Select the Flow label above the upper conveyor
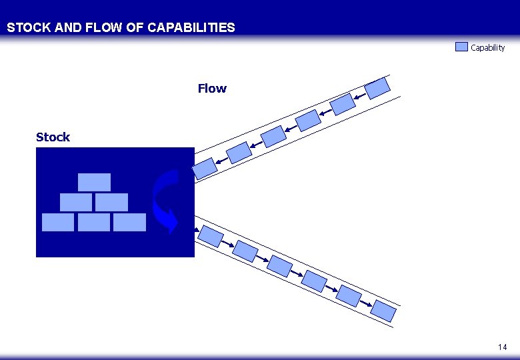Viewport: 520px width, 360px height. pyautogui.click(x=212, y=89)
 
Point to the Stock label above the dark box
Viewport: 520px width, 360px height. pyautogui.click(x=53, y=137)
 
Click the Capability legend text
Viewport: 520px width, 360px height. pyautogui.click(x=488, y=48)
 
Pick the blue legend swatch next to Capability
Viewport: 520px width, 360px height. pyautogui.click(x=462, y=47)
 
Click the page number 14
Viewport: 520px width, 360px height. pyautogui.click(x=502, y=347)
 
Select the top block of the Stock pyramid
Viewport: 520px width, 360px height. pyautogui.click(x=94, y=182)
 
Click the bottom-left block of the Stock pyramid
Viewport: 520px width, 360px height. pyautogui.click(x=58, y=222)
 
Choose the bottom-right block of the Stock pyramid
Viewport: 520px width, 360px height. pyautogui.click(x=129, y=222)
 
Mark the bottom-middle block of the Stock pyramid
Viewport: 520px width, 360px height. pyautogui.click(x=94, y=222)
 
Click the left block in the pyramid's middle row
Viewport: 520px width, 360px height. pyautogui.click(x=76, y=202)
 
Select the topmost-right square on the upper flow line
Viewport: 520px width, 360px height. pyautogui.click(x=379, y=87)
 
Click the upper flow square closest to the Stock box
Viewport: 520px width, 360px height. pyautogui.click(x=205, y=168)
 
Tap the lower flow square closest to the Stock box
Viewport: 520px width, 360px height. pyautogui.click(x=211, y=235)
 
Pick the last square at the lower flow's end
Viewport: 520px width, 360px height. pyautogui.click(x=383, y=310)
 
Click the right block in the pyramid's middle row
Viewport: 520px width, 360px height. pyautogui.click(x=111, y=202)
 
